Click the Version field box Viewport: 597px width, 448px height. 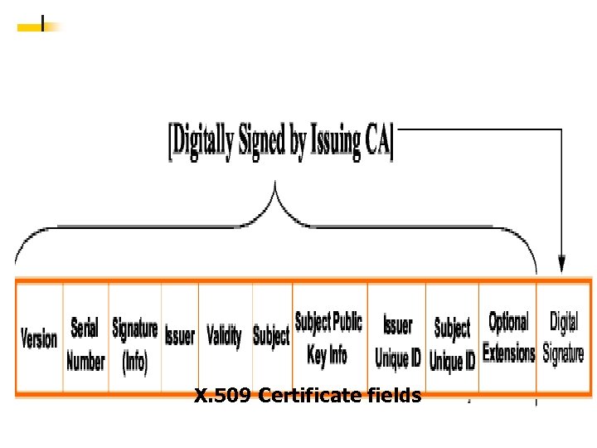point(39,338)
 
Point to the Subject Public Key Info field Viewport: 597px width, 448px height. point(329,338)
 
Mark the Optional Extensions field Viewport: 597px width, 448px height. point(508,338)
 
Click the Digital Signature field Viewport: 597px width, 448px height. point(564,338)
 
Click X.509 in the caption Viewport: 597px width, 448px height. point(223,397)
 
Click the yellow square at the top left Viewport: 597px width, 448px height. point(30,27)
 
